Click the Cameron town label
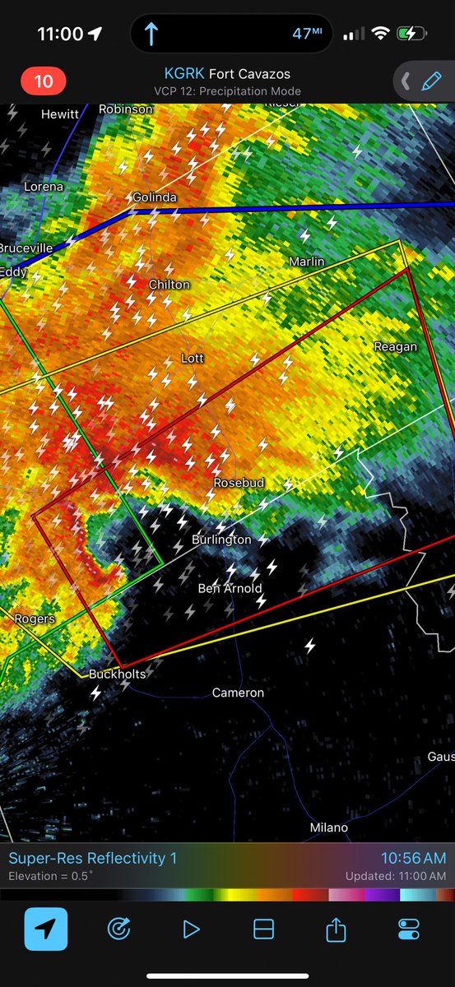coord(238,693)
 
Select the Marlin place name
coord(306,262)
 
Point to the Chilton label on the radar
coord(169,285)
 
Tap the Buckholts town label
coord(117,674)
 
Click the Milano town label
coord(328,827)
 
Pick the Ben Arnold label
coord(230,588)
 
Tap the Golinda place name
coord(155,197)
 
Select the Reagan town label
coord(395,346)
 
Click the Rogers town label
coord(35,619)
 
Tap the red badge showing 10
coord(43,81)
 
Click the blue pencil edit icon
coord(430,81)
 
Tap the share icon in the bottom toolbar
coord(336,929)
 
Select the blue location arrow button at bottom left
coord(46,929)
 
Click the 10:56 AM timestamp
coord(413,859)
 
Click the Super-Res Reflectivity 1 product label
coord(93,859)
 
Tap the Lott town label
coord(193,359)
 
